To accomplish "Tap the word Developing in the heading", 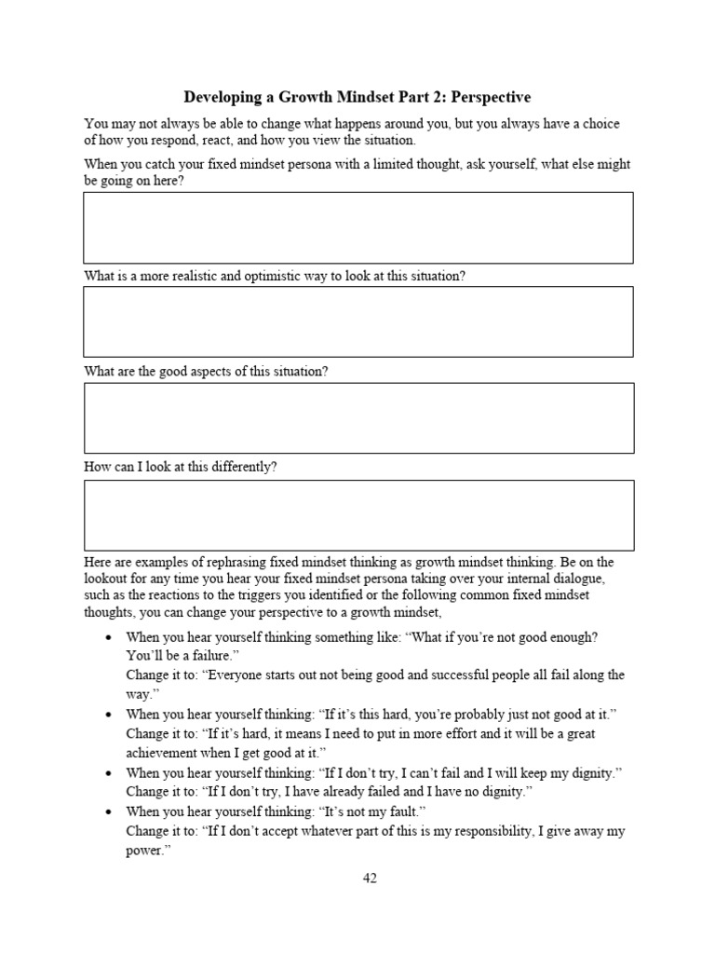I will tap(221, 97).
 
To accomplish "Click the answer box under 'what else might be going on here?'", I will tap(358, 228).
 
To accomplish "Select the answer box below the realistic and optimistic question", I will tap(358, 322).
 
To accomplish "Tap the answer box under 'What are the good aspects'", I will tap(358, 418).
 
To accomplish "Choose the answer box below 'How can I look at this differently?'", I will tap(358, 515).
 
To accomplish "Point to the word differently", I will tap(244, 467).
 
